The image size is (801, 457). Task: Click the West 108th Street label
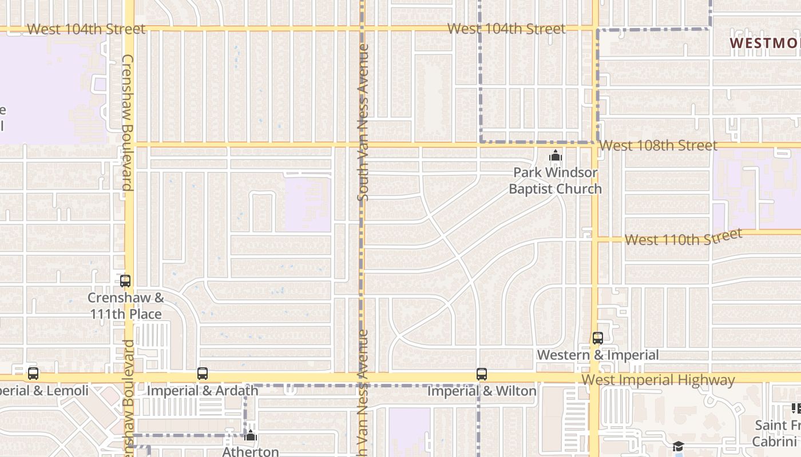pos(658,146)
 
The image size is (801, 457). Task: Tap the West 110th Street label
pos(683,237)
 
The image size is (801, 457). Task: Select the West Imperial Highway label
pos(658,380)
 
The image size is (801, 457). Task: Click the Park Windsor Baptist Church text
pos(555,181)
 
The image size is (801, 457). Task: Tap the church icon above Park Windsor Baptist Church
pos(555,156)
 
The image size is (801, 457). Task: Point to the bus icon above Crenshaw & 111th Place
pos(125,281)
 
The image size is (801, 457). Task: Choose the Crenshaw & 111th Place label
pos(126,306)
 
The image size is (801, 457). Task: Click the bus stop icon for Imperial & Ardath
pos(203,374)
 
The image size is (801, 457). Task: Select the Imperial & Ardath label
pos(203,391)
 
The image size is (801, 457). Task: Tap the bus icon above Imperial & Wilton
pos(482,374)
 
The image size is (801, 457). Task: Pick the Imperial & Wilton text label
pos(482,391)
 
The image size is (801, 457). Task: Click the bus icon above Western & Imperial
pos(598,338)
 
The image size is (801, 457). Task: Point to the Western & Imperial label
pos(598,355)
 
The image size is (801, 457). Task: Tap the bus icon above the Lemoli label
pos(33,374)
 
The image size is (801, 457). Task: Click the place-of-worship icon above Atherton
pos(251,436)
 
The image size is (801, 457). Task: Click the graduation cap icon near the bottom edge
pos(678,447)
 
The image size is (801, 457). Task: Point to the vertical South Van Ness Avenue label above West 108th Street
pos(363,123)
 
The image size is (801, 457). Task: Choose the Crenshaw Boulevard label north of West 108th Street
pos(127,123)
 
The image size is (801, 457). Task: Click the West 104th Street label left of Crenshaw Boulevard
pos(86,29)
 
